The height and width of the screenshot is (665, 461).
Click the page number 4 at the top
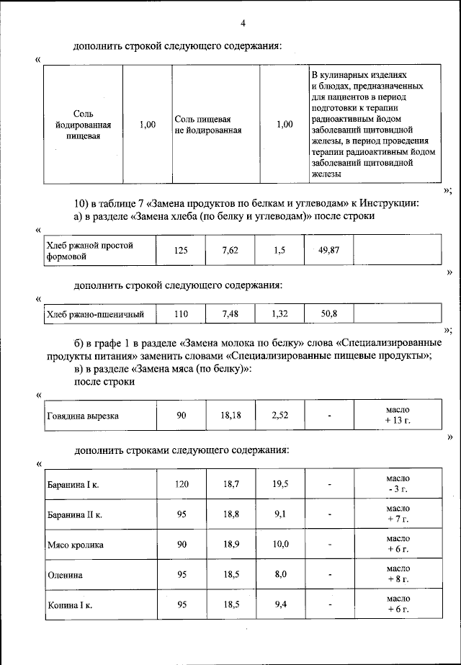(x=243, y=23)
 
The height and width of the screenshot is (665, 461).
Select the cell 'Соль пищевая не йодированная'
(x=207, y=125)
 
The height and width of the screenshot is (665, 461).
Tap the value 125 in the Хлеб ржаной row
(x=181, y=250)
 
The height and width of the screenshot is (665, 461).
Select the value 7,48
(x=230, y=314)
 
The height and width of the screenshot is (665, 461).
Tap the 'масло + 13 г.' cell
(x=398, y=415)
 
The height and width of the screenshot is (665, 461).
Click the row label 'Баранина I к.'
(x=73, y=484)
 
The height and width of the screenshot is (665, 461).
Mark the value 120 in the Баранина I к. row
(x=182, y=483)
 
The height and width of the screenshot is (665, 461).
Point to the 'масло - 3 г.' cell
(x=398, y=483)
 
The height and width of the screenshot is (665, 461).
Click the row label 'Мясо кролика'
(x=75, y=545)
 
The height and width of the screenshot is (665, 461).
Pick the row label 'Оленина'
(x=64, y=575)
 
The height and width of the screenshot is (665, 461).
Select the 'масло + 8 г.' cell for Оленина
(x=398, y=573)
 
